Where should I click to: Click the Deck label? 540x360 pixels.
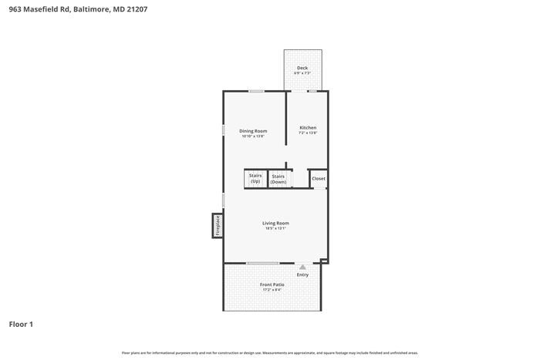click(x=302, y=68)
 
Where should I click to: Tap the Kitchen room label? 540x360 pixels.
click(x=308, y=128)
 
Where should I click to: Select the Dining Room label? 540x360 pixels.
click(x=253, y=131)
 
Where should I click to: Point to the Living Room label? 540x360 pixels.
click(x=275, y=223)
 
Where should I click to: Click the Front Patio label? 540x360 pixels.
click(x=272, y=284)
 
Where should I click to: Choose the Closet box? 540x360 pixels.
click(x=319, y=179)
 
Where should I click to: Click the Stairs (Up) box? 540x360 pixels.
click(x=255, y=179)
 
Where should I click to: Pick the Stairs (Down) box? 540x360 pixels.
click(x=278, y=179)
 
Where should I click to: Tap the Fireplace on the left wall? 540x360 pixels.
click(x=218, y=225)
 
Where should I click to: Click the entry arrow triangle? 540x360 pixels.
click(x=302, y=267)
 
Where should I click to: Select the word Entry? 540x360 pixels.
click(x=302, y=275)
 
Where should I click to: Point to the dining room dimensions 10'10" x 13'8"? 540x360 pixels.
click(x=253, y=136)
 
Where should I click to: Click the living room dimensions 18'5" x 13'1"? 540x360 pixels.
click(x=275, y=228)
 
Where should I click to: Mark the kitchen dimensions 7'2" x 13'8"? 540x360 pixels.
click(x=308, y=133)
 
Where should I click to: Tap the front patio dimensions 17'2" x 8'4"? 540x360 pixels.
click(x=272, y=290)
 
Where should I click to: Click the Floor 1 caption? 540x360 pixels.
click(x=21, y=325)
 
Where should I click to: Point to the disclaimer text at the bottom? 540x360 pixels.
click(x=270, y=352)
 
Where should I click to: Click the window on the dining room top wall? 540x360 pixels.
click(x=256, y=91)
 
